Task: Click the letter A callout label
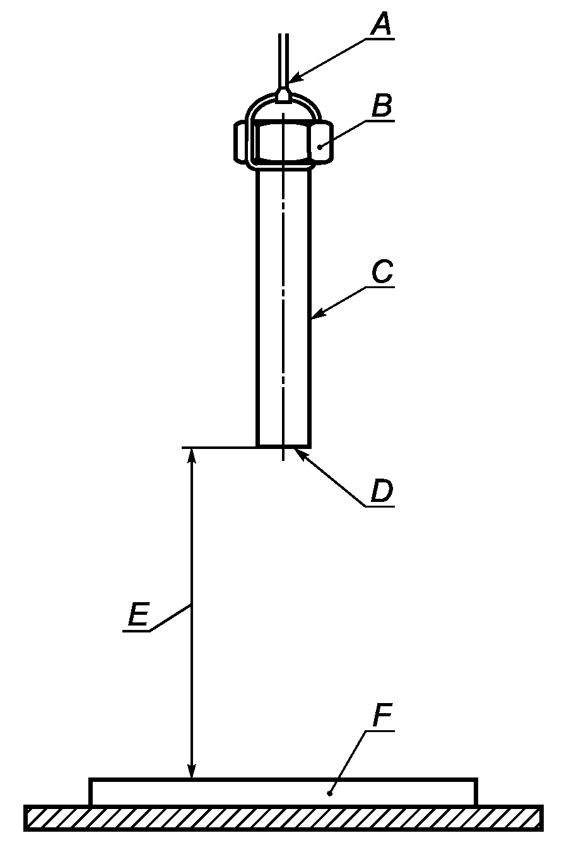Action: pos(380,25)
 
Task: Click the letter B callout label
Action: pos(382,105)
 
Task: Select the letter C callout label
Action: pos(382,272)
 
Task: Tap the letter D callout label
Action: pos(382,491)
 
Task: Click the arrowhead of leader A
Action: pos(291,81)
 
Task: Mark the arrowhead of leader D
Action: pos(298,453)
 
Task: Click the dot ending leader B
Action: pos(320,146)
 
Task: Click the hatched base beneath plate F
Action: pos(283,818)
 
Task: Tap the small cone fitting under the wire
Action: pos(283,95)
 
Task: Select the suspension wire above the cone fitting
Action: pos(283,57)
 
